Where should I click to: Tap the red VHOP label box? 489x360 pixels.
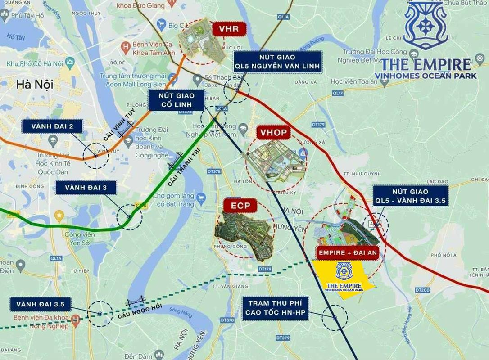tap(273, 133)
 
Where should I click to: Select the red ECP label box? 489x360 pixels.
tap(240, 206)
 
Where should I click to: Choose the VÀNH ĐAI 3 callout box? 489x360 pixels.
tap(85, 187)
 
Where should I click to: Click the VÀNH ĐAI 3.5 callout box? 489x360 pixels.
tap(41, 305)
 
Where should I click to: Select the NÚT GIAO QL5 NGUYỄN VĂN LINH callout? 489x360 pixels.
tap(277, 62)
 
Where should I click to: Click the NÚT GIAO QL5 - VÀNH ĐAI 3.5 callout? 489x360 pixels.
tap(410, 196)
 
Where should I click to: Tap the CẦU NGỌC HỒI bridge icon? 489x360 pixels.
tap(136, 300)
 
